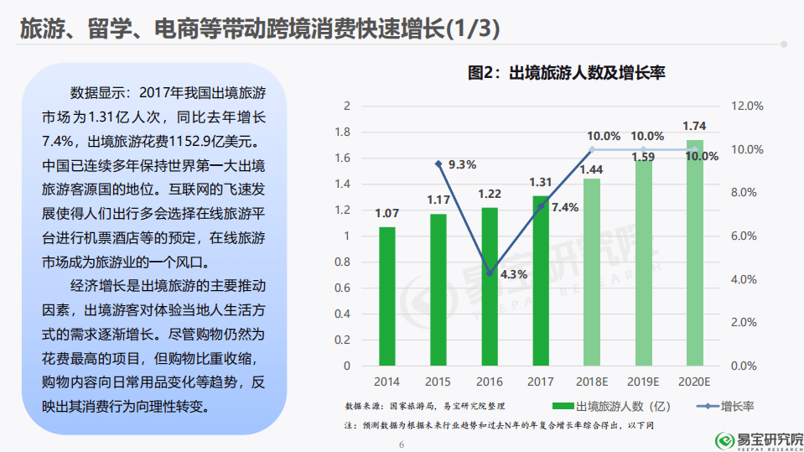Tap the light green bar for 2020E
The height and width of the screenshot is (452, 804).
pos(695,252)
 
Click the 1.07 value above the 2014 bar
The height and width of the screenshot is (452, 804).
pos(386,213)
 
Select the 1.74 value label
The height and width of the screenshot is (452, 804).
pos(694,126)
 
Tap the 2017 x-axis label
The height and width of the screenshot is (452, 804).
pos(541,382)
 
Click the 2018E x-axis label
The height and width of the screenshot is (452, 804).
pos(592,382)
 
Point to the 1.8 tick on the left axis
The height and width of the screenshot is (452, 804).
pos(343,132)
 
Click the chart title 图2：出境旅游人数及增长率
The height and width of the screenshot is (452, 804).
pos(566,73)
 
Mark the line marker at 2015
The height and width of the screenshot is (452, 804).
pos(438,164)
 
